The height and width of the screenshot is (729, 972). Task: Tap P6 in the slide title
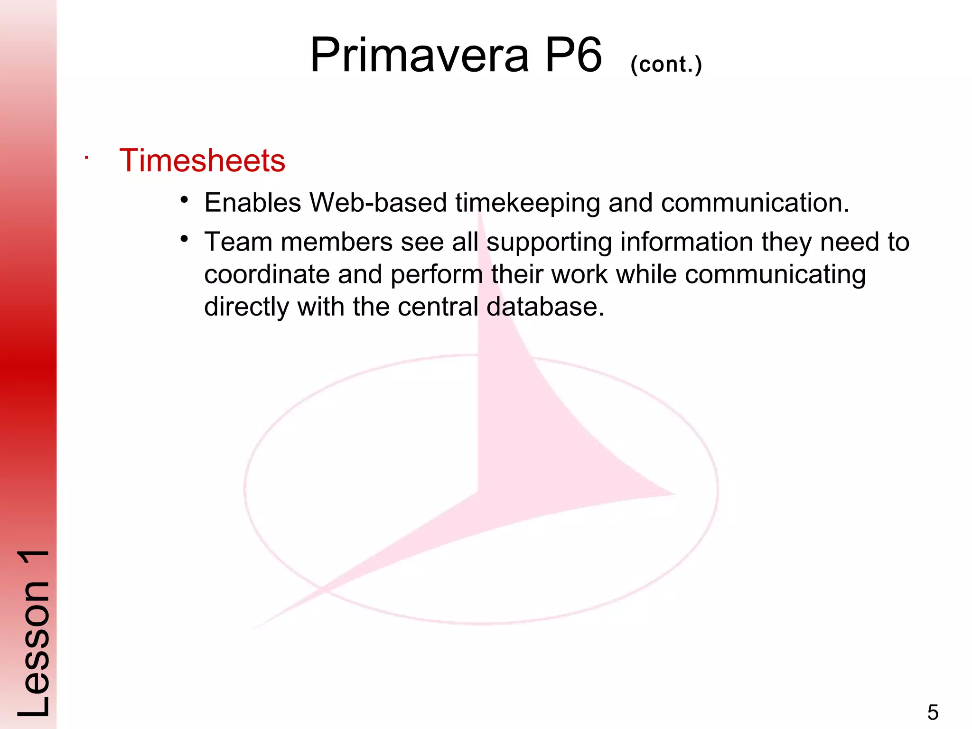573,56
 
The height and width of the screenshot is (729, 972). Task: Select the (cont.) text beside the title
666,64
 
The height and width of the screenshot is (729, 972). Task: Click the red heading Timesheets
202,160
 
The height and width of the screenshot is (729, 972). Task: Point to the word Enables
252,203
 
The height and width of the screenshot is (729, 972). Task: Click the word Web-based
378,203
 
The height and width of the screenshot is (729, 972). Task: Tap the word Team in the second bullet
238,242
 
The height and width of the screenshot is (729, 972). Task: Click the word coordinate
267,275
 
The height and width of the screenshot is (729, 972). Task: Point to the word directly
246,307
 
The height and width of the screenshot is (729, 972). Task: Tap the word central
438,307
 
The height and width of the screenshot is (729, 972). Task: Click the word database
545,307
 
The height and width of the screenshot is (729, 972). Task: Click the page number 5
933,712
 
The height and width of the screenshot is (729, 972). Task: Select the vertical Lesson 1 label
33,634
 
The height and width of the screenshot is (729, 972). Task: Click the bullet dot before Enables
185,200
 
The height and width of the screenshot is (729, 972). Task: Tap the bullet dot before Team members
185,239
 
